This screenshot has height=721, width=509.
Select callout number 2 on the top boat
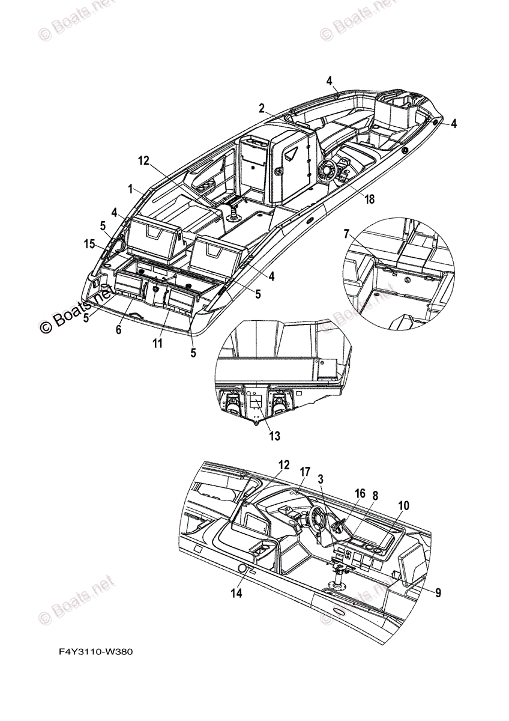tap(262, 108)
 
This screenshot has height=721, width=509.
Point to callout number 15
tap(89, 244)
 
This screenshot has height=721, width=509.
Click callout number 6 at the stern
tap(118, 330)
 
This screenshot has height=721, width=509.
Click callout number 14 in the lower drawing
tap(236, 593)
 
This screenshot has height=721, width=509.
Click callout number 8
tap(375, 496)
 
